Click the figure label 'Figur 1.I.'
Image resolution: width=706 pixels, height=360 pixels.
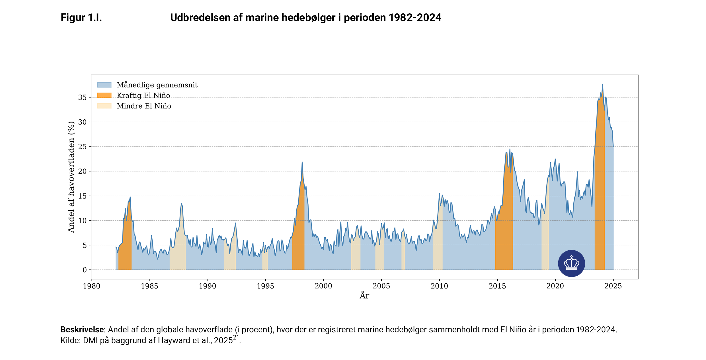(81, 18)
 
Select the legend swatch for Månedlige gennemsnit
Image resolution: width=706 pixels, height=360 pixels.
(104, 85)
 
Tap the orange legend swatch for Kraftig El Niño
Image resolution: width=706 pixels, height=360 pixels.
(104, 95)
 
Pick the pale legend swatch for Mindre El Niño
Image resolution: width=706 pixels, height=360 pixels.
(104, 106)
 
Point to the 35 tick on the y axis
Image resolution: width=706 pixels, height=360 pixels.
(82, 97)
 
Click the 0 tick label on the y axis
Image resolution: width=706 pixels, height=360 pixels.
(85, 270)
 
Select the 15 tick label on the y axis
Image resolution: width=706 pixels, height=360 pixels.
(82, 196)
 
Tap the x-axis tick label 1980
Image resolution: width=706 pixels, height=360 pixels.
(91, 286)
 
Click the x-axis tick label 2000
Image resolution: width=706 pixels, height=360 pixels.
(323, 286)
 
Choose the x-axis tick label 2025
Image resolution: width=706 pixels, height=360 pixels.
(613, 286)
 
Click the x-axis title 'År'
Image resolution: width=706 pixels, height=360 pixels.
(364, 296)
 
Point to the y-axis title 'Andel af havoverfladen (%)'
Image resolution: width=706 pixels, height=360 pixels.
(71, 177)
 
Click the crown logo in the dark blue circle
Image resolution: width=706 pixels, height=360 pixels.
(571, 263)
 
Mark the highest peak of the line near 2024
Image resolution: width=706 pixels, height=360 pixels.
(602, 84)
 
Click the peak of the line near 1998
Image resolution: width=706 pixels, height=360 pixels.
(302, 162)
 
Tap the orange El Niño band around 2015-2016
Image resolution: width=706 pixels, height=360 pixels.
(504, 228)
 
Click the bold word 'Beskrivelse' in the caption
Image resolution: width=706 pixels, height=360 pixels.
(82, 330)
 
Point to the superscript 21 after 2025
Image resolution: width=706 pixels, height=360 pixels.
(236, 337)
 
